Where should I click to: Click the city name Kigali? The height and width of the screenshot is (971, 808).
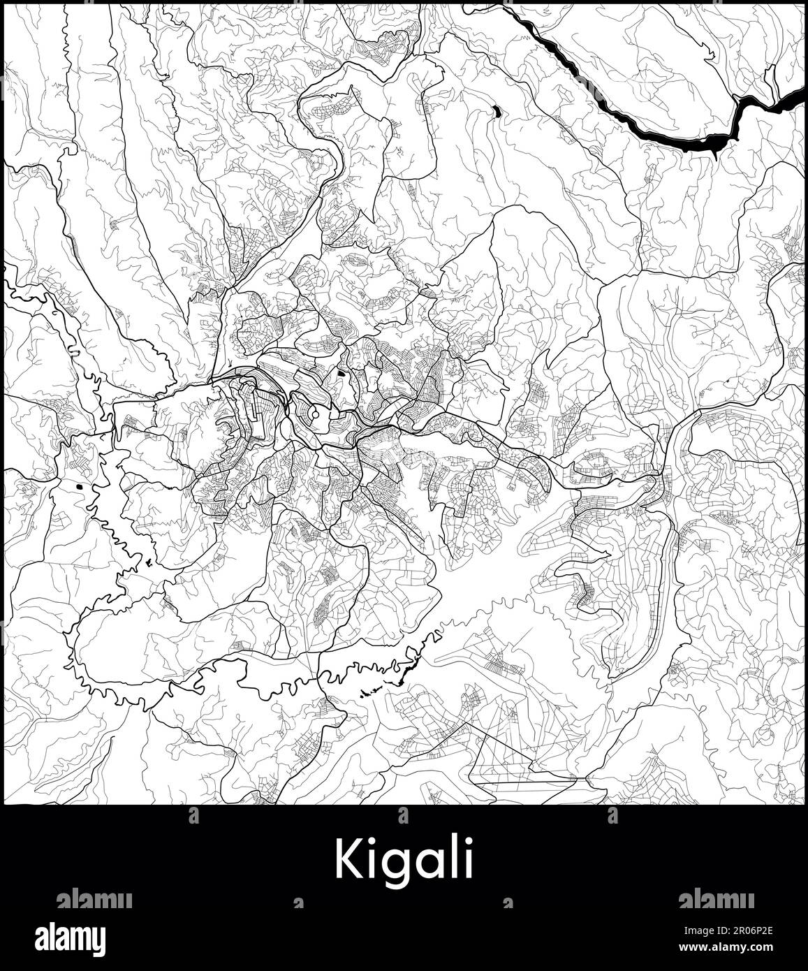(x=404, y=859)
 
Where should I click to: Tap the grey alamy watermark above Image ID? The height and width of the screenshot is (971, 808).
(x=715, y=899)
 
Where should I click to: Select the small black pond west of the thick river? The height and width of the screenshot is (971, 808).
(x=496, y=110)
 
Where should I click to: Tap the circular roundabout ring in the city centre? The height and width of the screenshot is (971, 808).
(x=315, y=415)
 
